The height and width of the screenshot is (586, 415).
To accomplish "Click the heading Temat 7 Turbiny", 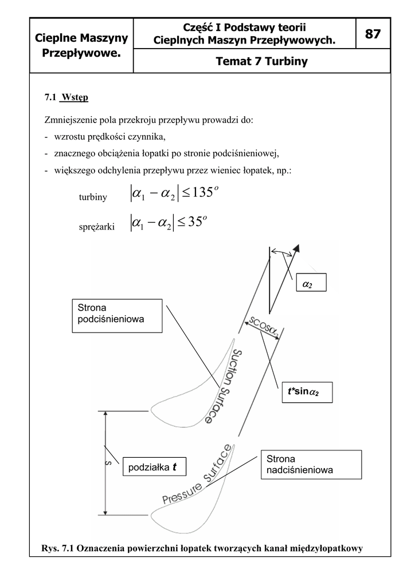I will (x=261, y=61).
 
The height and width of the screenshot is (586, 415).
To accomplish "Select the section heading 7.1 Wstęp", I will (x=66, y=97).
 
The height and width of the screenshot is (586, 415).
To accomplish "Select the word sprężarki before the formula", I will (x=96, y=227).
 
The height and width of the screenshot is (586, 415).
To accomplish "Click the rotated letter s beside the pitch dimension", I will (x=108, y=464).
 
